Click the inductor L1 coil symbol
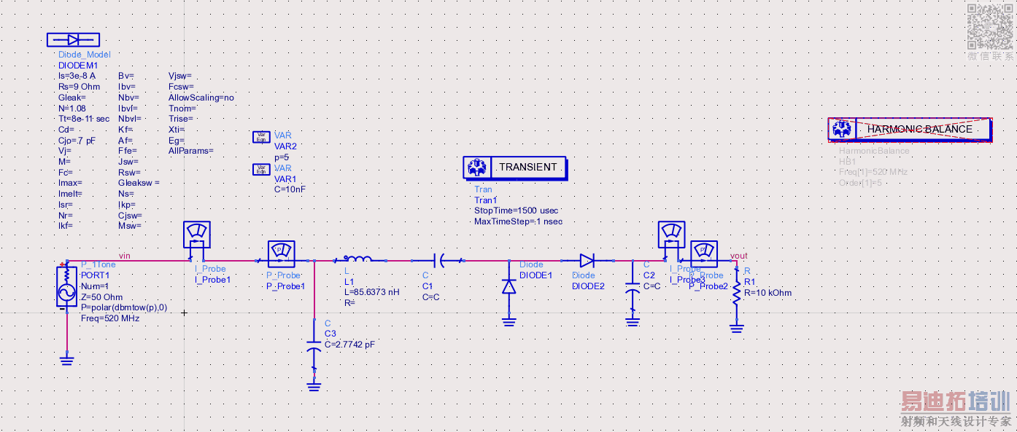click(357, 259)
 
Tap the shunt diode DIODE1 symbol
click(509, 286)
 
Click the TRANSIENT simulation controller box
click(515, 168)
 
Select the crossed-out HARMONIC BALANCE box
click(910, 129)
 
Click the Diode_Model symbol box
click(73, 40)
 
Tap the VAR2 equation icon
click(260, 136)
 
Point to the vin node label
click(124, 255)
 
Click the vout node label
click(738, 256)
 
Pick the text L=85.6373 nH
click(372, 291)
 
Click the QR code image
click(990, 25)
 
